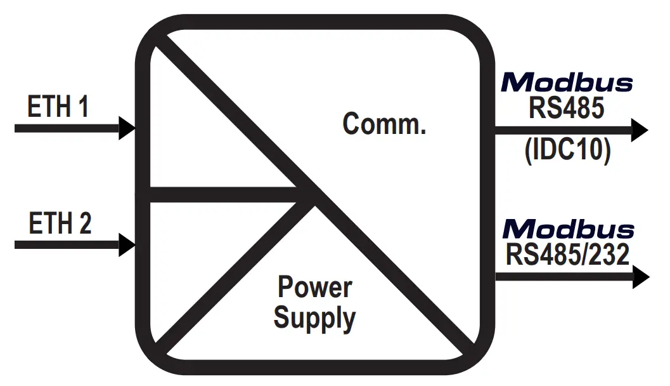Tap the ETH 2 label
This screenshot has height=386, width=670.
tap(60, 223)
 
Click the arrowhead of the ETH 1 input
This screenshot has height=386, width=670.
tap(127, 128)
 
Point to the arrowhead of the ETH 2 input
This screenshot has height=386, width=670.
tap(127, 244)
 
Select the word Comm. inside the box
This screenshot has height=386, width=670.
tap(384, 123)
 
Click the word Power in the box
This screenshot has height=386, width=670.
tap(315, 288)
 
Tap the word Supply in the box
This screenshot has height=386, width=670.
tap(314, 317)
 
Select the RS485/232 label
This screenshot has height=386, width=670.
tap(567, 255)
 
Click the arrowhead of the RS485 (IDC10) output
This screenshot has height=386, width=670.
tap(639, 131)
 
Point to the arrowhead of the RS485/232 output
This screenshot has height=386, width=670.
tap(640, 277)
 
